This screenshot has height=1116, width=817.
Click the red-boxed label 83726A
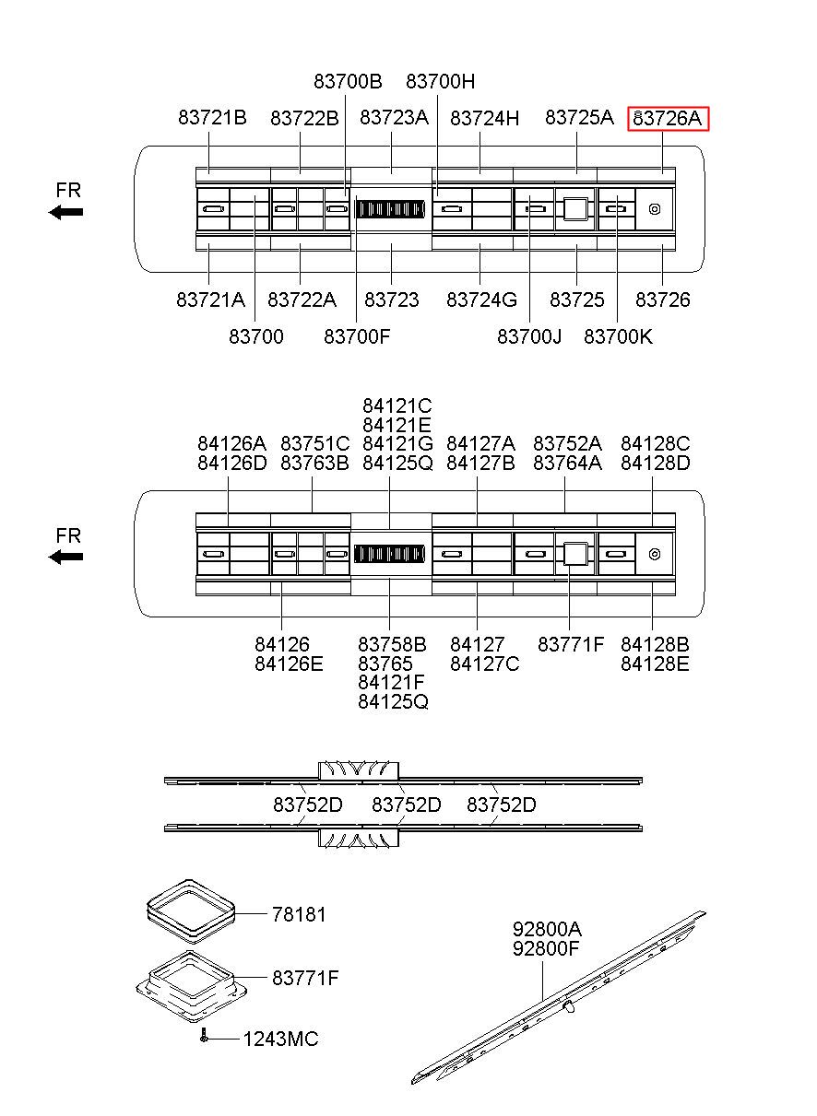669,118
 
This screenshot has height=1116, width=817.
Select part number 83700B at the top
348,81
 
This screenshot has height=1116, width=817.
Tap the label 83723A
394,118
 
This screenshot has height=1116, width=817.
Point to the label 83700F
357,336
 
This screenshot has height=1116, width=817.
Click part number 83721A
211,300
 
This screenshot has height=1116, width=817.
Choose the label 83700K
618,336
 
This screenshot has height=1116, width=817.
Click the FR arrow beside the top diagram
66,212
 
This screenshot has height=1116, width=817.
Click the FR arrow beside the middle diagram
66,557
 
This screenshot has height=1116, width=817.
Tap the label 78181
299,914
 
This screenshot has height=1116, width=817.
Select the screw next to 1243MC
203,1038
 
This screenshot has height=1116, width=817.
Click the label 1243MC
280,1040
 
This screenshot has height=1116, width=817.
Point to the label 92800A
547,929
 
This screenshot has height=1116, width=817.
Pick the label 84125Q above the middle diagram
397,463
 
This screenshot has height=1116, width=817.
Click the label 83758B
392,644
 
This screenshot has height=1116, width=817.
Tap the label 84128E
655,664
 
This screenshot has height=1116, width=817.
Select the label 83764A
567,463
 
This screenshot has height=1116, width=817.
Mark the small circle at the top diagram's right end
654,209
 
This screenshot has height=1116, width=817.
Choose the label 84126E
289,664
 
